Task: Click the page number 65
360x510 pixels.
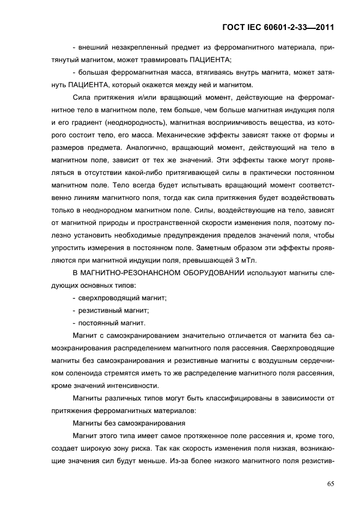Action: coord(330,483)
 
